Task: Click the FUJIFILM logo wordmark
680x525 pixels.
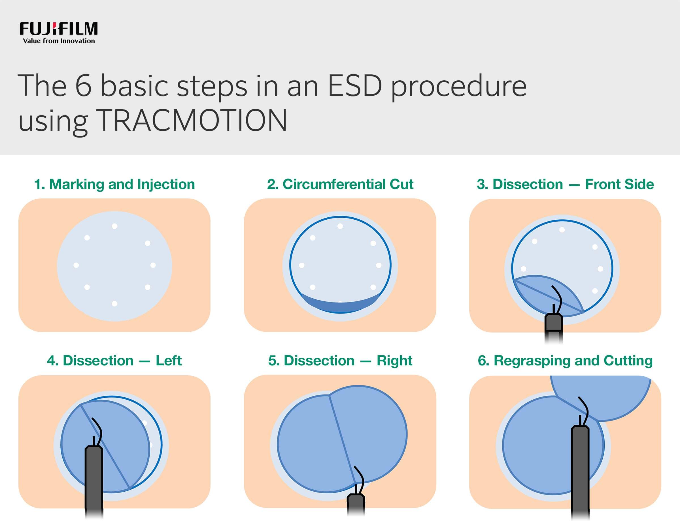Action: (59, 29)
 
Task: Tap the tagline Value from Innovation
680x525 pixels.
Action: (59, 41)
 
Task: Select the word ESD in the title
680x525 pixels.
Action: (355, 86)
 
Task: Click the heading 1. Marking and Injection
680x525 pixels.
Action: (114, 184)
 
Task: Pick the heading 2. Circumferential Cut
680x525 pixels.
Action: (340, 184)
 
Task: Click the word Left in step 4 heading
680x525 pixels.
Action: (169, 361)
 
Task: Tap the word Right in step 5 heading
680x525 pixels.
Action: (394, 361)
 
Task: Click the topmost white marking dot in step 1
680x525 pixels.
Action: (114, 226)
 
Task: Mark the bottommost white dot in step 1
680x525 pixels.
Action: (114, 304)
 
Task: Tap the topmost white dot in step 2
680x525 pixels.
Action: (340, 226)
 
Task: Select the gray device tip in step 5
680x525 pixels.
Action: (356, 503)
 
